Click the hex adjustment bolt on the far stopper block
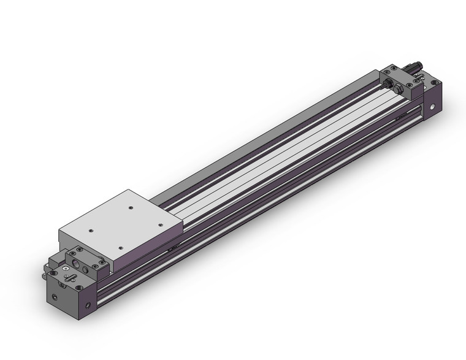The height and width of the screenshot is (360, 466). coord(399,90)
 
